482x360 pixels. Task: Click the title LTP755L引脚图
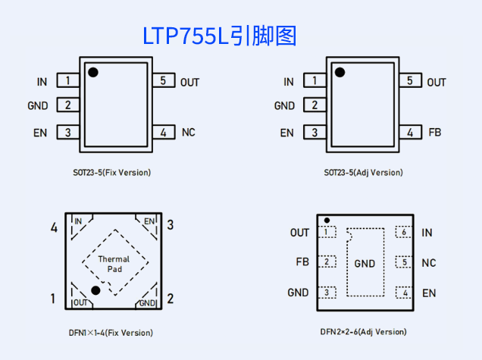pos(220,36)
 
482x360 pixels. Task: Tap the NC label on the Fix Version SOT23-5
pos(189,133)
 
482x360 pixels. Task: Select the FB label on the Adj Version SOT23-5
pos(434,133)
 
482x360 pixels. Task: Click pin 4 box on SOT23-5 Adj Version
pos(410,133)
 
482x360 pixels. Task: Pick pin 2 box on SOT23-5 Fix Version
pos(68,106)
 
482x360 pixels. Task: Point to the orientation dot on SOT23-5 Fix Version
pos(93,72)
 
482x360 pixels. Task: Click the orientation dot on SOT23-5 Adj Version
pos(340,72)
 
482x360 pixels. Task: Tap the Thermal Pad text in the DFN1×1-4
pos(114,264)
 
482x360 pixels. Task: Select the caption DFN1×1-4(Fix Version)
pos(111,333)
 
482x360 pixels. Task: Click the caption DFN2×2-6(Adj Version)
pos(363,332)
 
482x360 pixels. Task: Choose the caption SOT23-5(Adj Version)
pos(364,173)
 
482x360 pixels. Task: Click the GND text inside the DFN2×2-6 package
pos(365,264)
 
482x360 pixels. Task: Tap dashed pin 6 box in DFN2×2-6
pos(405,233)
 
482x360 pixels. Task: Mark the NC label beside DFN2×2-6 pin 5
pos(429,263)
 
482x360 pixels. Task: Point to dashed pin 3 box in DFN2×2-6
pos(327,293)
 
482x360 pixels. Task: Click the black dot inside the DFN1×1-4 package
pos(96,290)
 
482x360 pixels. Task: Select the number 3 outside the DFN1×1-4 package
pos(171,225)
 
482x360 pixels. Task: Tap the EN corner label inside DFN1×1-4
pos(149,221)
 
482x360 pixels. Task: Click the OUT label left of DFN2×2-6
pos(299,233)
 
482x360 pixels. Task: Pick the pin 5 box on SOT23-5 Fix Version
pos(164,81)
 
